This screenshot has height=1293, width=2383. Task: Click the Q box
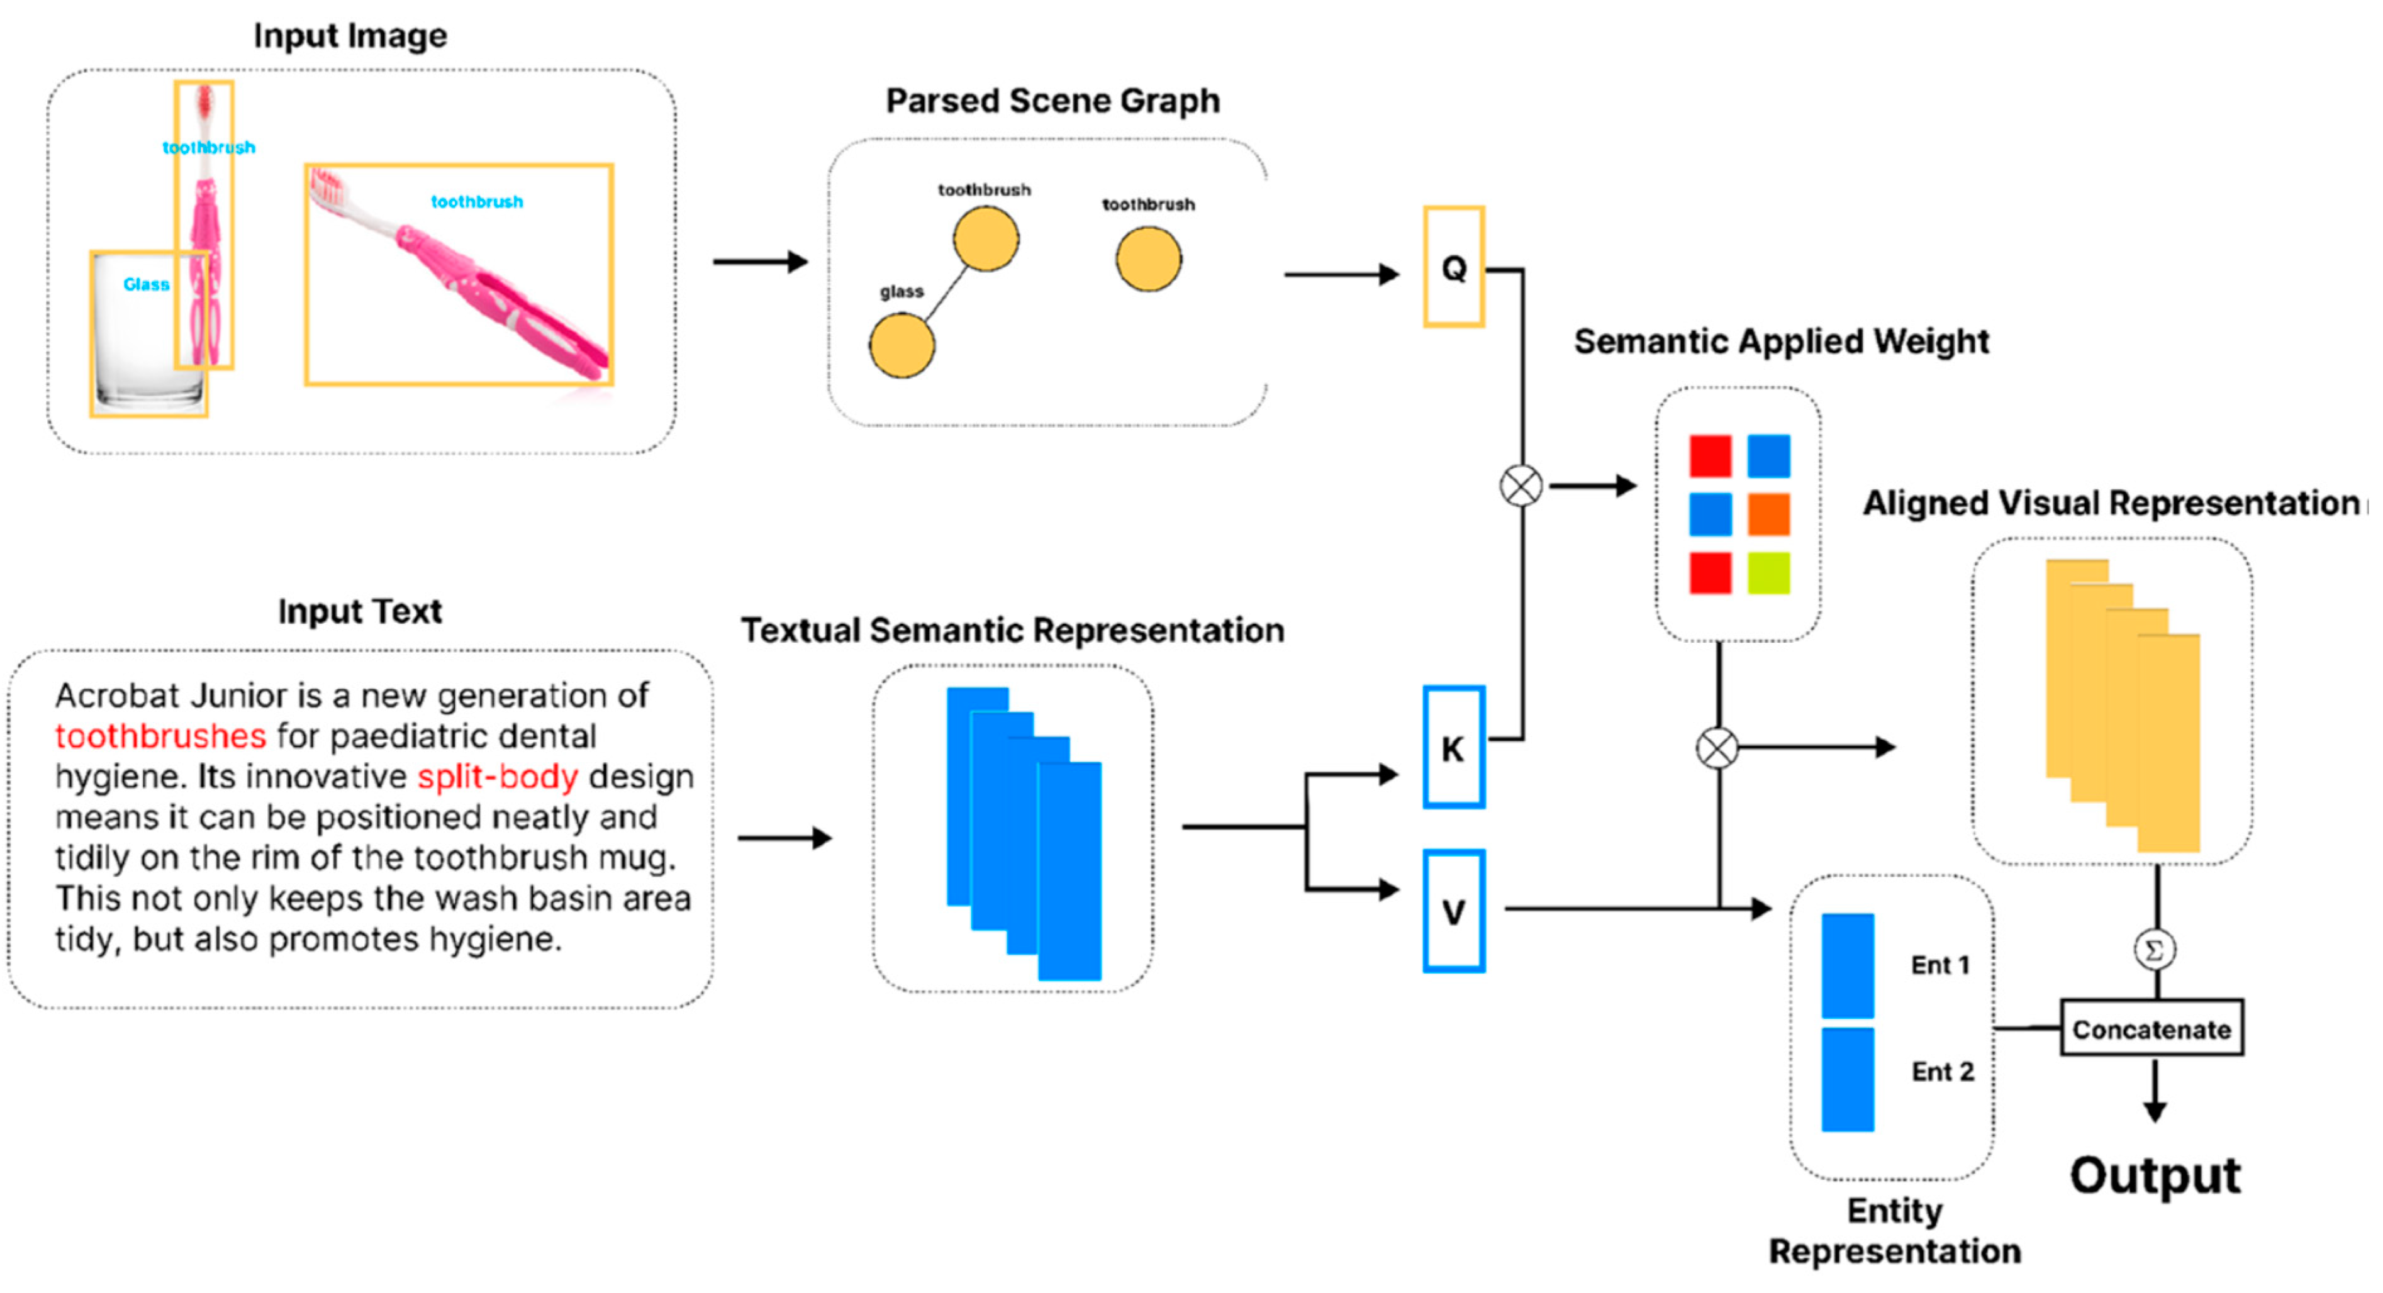(1453, 267)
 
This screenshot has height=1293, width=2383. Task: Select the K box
(1453, 747)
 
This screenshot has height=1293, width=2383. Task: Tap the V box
(1453, 912)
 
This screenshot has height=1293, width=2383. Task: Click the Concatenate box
(2151, 1028)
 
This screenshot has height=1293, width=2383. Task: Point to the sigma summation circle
(2155, 950)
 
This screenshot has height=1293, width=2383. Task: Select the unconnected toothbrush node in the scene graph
(1148, 260)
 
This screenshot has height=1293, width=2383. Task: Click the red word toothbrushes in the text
(160, 736)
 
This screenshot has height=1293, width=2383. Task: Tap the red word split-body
(498, 777)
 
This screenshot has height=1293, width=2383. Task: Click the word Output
(2155, 1177)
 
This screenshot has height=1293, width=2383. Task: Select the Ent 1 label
(1940, 965)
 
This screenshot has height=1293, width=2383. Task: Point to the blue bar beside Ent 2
(1848, 1079)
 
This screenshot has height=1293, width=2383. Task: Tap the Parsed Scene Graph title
(1052, 101)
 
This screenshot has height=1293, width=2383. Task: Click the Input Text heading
(360, 611)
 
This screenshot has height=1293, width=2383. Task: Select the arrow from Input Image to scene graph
(759, 262)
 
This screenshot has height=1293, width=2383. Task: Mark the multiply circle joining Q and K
(1521, 486)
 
